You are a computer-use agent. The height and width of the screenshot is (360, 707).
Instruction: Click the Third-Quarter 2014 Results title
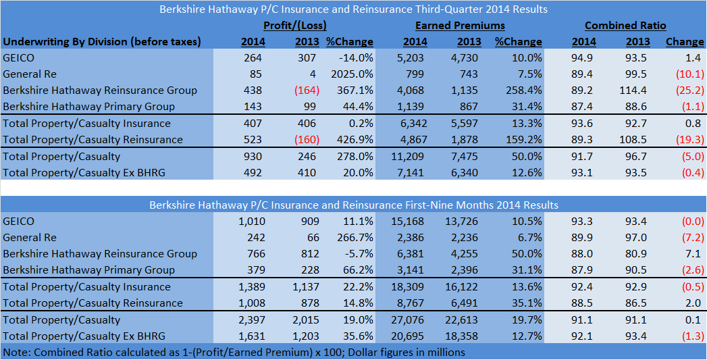coord(353,9)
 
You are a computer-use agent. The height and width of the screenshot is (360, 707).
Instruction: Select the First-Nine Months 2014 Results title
coord(353,205)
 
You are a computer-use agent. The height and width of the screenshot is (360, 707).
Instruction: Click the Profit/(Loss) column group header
coord(294,26)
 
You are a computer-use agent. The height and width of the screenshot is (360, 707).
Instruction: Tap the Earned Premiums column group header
coord(460,26)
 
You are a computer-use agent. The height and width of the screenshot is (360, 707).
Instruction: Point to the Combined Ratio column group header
coord(625,26)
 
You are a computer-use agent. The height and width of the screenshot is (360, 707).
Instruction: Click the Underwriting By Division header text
coord(102,42)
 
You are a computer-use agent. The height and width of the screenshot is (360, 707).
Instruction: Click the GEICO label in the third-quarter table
coord(18,58)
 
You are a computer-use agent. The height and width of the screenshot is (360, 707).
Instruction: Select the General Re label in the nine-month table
coord(30,238)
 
